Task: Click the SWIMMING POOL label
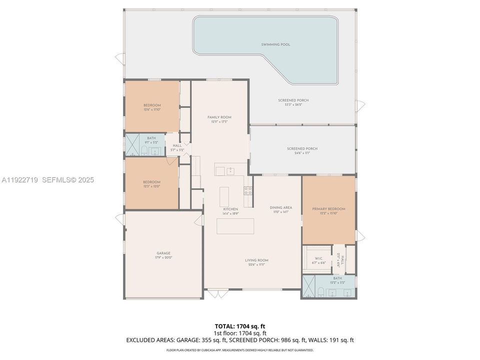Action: (275, 44)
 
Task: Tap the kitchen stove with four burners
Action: (247, 190)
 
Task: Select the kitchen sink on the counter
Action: (230, 171)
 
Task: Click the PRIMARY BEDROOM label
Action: (328, 208)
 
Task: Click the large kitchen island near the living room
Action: (235, 226)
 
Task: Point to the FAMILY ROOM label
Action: (219, 117)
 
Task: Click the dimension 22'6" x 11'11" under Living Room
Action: (256, 264)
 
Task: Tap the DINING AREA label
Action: (280, 207)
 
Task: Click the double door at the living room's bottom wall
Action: (216, 293)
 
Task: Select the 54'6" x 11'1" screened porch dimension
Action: (302, 153)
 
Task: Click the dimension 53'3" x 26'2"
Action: (293, 105)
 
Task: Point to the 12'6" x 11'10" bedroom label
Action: (152, 109)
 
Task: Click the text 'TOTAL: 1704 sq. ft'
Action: (240, 326)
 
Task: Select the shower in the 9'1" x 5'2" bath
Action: (132, 145)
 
